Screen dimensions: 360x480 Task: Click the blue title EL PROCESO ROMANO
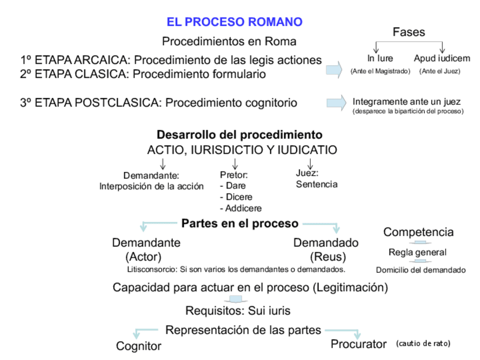(x=234, y=22)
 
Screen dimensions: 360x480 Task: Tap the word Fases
(x=409, y=33)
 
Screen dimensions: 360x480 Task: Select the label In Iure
(x=380, y=58)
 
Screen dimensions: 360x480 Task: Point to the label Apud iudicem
(x=442, y=58)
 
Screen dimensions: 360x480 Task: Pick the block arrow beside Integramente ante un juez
(x=336, y=102)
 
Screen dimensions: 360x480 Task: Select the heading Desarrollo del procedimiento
(x=239, y=135)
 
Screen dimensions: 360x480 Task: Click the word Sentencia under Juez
(x=316, y=184)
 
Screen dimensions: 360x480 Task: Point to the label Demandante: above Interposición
(x=151, y=175)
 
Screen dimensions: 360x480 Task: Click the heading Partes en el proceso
(x=239, y=223)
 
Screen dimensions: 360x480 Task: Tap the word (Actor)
(x=144, y=256)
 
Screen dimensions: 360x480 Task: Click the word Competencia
(x=418, y=232)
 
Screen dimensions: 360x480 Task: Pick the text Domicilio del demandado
(x=421, y=270)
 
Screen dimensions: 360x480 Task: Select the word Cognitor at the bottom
(x=139, y=346)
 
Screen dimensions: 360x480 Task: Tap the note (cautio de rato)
(x=423, y=344)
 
